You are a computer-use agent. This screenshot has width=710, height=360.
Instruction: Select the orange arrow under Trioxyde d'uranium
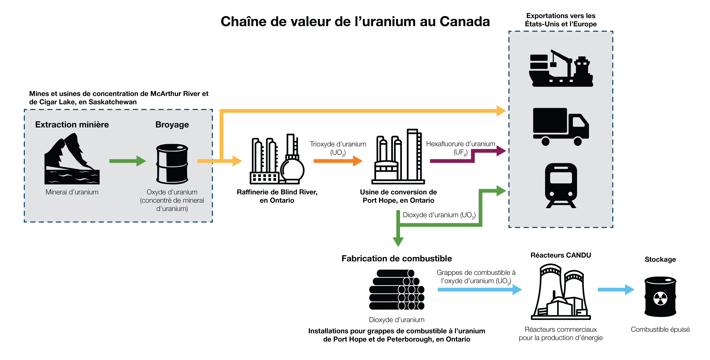[338, 161]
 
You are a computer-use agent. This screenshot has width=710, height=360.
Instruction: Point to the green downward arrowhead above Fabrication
[398, 242]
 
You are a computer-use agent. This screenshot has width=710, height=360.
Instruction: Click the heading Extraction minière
[72, 125]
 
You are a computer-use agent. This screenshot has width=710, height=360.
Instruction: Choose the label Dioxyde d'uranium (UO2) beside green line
[439, 215]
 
